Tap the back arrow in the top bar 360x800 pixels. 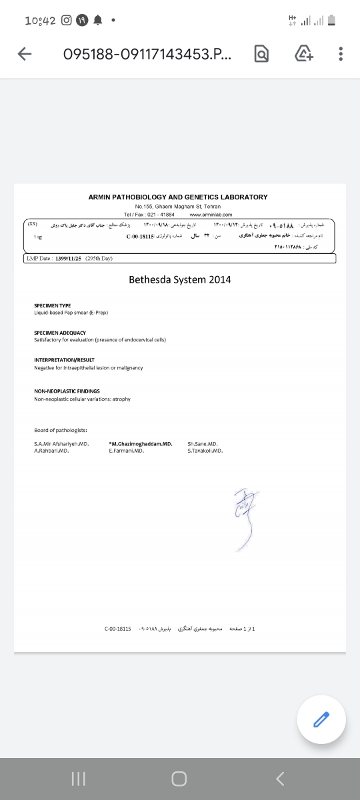click(25, 55)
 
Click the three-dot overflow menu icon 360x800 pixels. click(341, 55)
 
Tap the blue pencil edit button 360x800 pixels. click(321, 719)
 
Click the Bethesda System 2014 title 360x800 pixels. click(180, 279)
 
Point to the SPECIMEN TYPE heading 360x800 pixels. click(53, 305)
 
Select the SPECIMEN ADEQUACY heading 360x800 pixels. click(60, 333)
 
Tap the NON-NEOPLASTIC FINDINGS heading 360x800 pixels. click(67, 391)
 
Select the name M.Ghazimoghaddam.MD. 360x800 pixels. click(141, 443)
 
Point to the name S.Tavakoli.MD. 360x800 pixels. click(205, 451)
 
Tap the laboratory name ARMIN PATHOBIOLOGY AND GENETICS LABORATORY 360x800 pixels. click(178, 197)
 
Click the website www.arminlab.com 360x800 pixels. click(211, 215)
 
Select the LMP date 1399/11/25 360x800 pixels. click(69, 258)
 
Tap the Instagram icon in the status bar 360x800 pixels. click(67, 20)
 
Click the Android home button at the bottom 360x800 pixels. click(179, 778)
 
